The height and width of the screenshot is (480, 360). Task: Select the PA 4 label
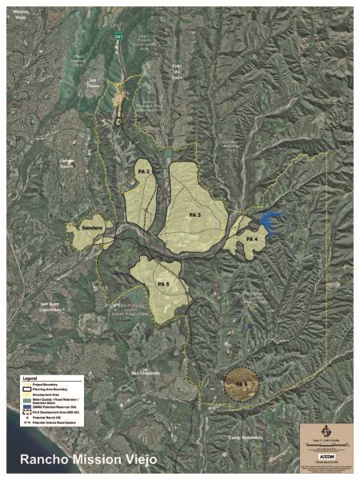[x=251, y=238]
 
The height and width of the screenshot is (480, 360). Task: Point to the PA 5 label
[x=163, y=284]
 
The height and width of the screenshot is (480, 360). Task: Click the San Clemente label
[x=146, y=374]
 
